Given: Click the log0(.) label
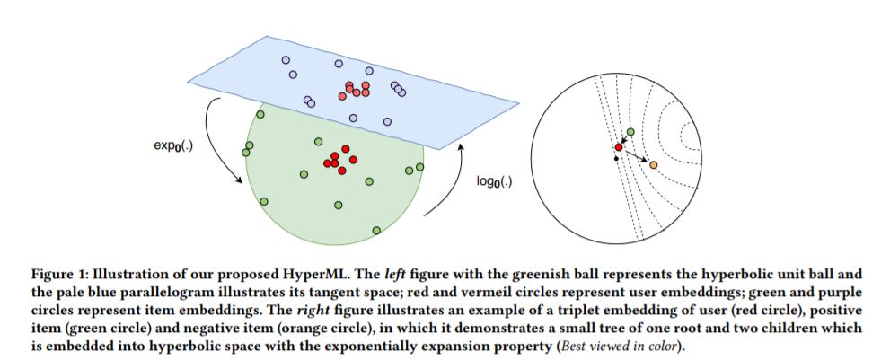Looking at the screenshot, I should [494, 182].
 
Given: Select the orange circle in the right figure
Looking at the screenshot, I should [653, 165].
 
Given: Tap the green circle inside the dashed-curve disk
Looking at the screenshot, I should [630, 132].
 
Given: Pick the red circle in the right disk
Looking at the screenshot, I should [619, 146].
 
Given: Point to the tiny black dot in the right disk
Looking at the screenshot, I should [615, 159].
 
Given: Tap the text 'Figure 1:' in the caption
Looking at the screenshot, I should [48, 271].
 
